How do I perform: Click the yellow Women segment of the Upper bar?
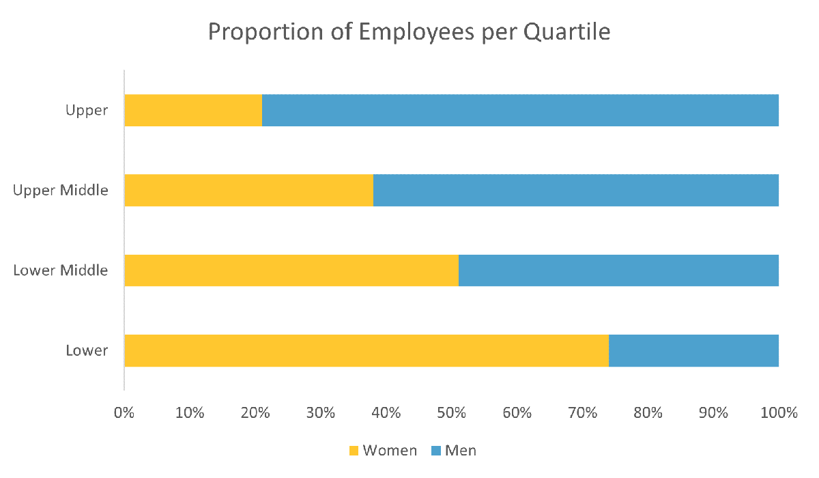point(193,111)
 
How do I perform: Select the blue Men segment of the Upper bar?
point(520,111)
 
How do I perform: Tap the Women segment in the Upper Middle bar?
point(249,191)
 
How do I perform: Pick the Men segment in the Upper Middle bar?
point(576,191)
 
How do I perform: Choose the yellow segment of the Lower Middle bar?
point(291,270)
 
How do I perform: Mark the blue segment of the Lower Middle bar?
point(618,270)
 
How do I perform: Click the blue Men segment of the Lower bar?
point(693,350)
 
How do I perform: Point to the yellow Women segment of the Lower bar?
point(367,350)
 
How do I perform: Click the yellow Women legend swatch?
point(354,451)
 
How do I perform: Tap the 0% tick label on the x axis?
point(124,413)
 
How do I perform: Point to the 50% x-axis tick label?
point(451,413)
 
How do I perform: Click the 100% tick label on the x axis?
point(779,413)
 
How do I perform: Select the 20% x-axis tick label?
point(255,413)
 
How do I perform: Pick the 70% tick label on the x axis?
point(582,413)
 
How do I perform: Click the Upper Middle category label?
point(61,191)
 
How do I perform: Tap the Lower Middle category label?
point(61,270)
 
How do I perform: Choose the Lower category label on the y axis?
point(87,350)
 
